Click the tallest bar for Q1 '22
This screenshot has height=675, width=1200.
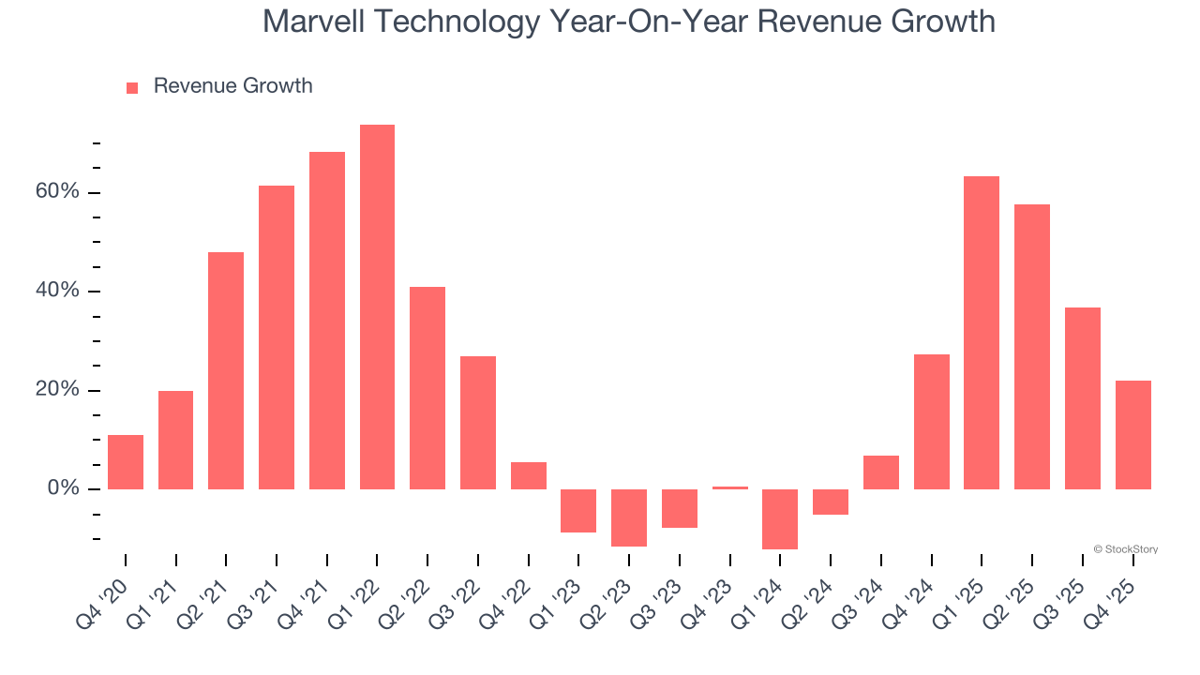point(377,307)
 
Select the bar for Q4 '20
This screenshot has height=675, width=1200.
point(126,462)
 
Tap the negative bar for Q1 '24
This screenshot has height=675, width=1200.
point(780,518)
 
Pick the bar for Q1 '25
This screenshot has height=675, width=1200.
point(982,333)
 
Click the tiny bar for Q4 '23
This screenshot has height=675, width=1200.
point(730,487)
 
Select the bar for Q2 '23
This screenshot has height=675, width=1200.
point(629,517)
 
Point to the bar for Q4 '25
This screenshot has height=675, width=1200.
point(1132,435)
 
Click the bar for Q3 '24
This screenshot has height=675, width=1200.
point(881,472)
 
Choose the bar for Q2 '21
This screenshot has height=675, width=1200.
point(226,370)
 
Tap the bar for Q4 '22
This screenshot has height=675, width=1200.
point(529,475)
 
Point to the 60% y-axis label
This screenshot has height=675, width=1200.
point(57,192)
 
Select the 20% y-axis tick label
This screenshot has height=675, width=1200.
point(57,390)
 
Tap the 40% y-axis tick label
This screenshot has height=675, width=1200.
point(57,291)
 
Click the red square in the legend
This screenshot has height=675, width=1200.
point(132,87)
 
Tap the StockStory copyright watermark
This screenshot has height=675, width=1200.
point(1125,549)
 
